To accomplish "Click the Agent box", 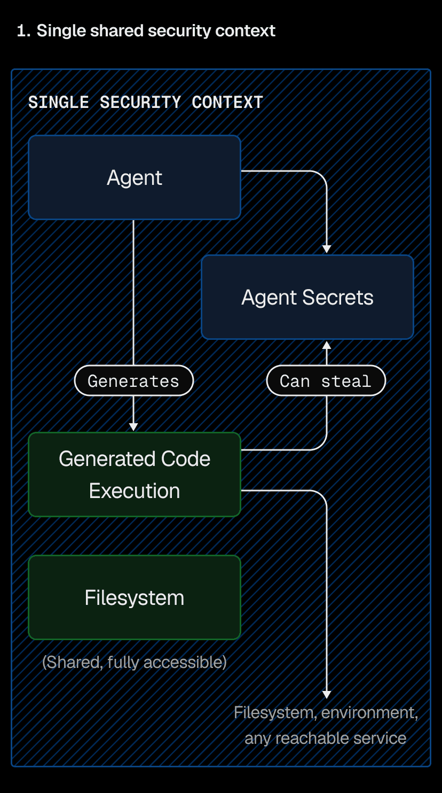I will (134, 177).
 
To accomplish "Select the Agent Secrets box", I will (307, 297).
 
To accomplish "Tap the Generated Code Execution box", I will (134, 475).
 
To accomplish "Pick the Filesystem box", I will (134, 597).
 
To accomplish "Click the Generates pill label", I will (133, 381).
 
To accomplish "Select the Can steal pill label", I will (326, 381).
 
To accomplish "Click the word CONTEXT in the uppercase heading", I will (227, 102).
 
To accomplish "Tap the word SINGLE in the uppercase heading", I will (59, 102).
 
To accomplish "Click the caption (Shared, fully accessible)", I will (134, 662).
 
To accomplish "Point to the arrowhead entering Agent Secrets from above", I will (327, 249).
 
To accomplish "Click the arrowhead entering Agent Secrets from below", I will (327, 345).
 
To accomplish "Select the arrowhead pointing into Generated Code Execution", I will (133, 427).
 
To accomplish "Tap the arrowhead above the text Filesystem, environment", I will (327, 694).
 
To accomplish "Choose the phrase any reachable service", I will (325, 738).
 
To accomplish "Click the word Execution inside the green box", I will (134, 491).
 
